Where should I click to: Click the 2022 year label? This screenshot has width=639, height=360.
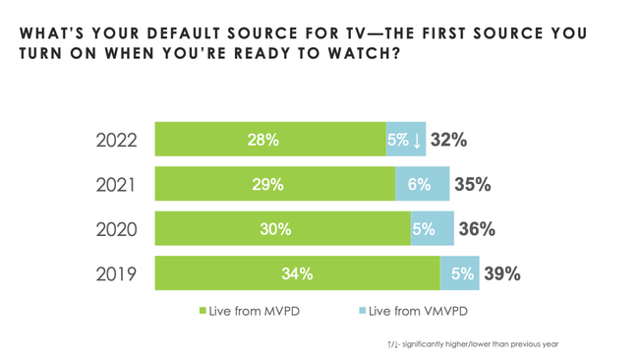coord(117,140)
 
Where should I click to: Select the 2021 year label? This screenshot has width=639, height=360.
coord(116,184)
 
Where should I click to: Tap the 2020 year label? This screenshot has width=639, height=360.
coord(117,229)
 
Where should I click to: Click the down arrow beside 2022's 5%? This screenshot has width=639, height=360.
coord(417,141)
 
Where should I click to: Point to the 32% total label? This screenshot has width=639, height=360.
coord(448,140)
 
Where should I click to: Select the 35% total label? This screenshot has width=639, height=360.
coord(472,184)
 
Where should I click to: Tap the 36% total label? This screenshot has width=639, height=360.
coord(477,229)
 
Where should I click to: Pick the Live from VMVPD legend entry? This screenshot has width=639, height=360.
coord(412,311)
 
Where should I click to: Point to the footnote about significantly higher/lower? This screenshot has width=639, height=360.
coord(473,343)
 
